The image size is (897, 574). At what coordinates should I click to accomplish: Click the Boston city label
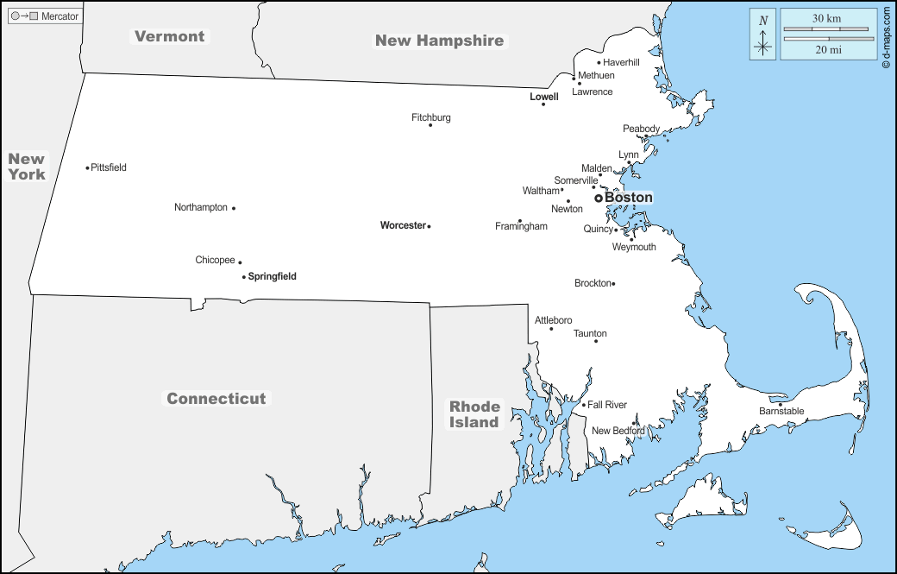click(x=628, y=198)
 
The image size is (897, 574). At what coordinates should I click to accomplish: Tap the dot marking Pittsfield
click(x=87, y=167)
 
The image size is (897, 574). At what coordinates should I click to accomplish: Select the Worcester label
click(x=403, y=225)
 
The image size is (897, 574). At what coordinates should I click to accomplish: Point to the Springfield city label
click(x=272, y=277)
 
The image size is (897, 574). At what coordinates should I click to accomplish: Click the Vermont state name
click(x=170, y=36)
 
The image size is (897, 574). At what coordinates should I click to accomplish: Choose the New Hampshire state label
click(x=439, y=41)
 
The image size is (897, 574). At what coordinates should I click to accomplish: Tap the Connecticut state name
click(x=216, y=399)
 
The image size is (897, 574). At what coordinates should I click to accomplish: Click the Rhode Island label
click(x=474, y=414)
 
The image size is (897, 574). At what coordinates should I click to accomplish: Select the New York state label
click(x=27, y=167)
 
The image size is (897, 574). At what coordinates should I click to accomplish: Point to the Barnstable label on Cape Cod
click(x=781, y=412)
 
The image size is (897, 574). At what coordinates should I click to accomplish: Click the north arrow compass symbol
click(x=763, y=35)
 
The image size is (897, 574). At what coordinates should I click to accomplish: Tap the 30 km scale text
click(x=826, y=18)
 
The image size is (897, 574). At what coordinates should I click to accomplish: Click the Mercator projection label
click(x=60, y=16)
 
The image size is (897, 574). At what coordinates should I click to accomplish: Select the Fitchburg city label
click(x=430, y=117)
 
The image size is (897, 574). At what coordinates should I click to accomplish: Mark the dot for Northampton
click(x=234, y=208)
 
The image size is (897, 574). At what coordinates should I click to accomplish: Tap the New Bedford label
click(x=618, y=431)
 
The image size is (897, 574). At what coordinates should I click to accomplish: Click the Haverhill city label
click(x=621, y=62)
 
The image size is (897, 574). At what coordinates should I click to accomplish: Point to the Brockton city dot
click(x=613, y=284)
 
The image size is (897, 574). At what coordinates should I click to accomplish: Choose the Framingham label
click(x=521, y=226)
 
